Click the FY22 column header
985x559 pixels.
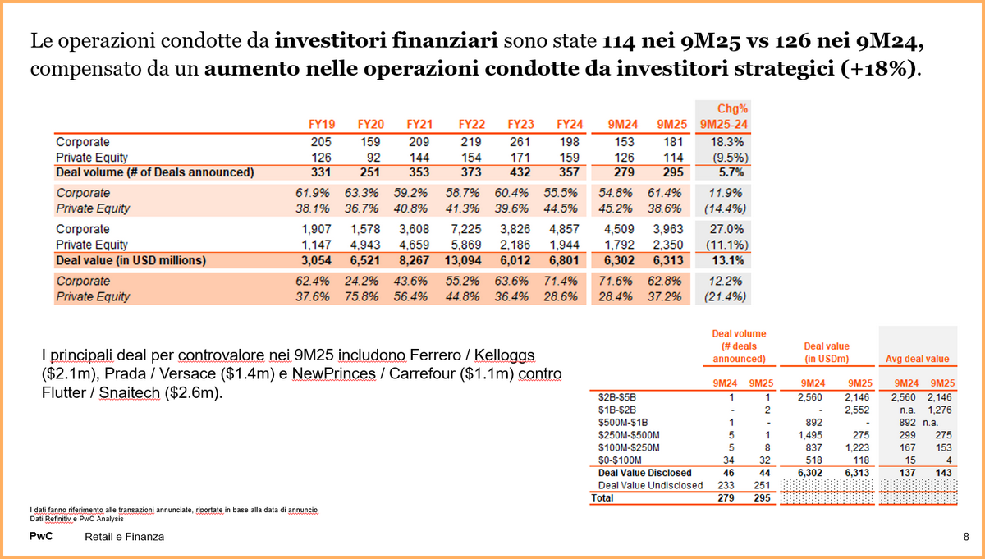pos(471,124)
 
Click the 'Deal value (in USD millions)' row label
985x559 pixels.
pos(131,260)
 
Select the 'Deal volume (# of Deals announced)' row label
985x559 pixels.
pos(154,172)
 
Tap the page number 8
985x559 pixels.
pos(965,536)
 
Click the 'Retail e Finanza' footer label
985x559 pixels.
pos(124,537)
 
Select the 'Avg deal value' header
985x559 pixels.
pos(917,359)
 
